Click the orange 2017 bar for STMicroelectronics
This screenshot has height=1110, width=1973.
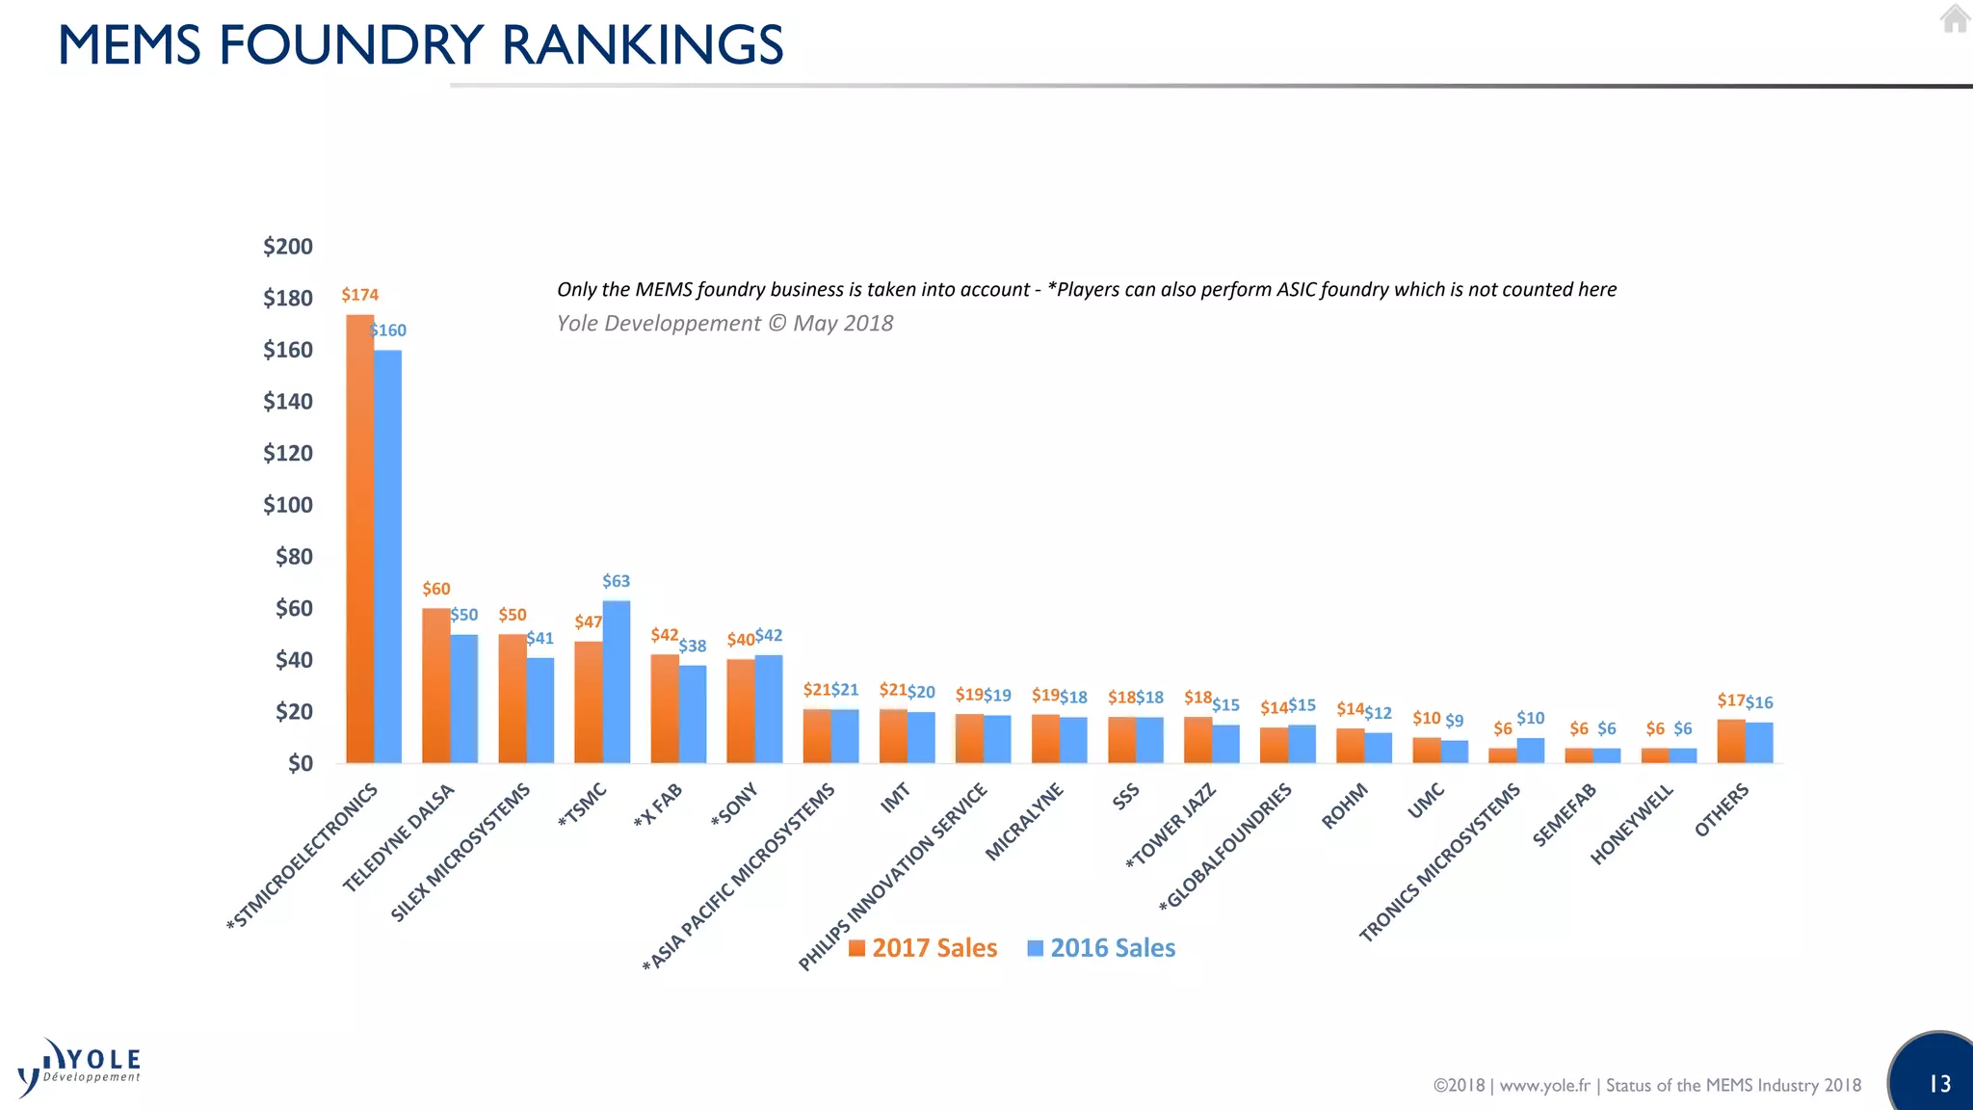pos(359,540)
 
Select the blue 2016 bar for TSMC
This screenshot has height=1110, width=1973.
pos(617,682)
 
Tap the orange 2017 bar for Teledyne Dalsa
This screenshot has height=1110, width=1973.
pos(435,686)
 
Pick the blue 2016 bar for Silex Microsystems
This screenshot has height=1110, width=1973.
pos(540,711)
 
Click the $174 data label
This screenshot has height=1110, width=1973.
pos(360,295)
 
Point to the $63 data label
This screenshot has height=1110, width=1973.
pos(617,581)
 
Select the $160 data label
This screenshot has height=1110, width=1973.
pos(388,330)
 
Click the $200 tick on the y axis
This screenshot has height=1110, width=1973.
pos(288,247)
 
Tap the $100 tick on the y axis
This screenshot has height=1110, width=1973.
pos(288,505)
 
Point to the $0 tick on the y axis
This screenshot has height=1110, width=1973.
pos(300,764)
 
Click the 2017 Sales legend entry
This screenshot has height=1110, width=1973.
pos(922,948)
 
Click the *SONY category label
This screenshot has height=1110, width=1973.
pos(735,806)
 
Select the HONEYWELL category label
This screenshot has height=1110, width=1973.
pos(1631,825)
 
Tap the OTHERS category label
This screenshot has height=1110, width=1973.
pos(1722,810)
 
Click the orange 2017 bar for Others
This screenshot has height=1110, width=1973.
pos(1730,742)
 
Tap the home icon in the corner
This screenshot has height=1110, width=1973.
pos(1954,19)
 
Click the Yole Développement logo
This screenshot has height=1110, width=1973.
pos(80,1068)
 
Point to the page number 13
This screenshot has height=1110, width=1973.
pos(1939,1084)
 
